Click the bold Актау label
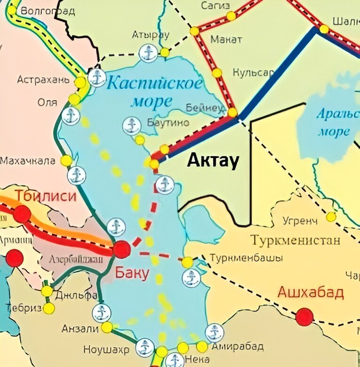pos(213,161)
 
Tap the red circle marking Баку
pos(122,249)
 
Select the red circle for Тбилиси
pos(22,214)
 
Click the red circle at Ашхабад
pos(304,317)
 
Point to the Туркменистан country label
pos(295,241)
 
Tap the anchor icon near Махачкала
pos(77,176)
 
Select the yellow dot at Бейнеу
pos(232,112)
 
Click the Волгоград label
pos(48,11)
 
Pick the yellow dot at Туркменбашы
pos(187,262)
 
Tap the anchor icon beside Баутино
pos(132,126)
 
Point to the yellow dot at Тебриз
pos(49,308)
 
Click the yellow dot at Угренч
pos(331,216)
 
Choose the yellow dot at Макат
pos(217,73)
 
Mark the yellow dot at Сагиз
pos(231,16)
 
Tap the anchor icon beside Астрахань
pos(97,78)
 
